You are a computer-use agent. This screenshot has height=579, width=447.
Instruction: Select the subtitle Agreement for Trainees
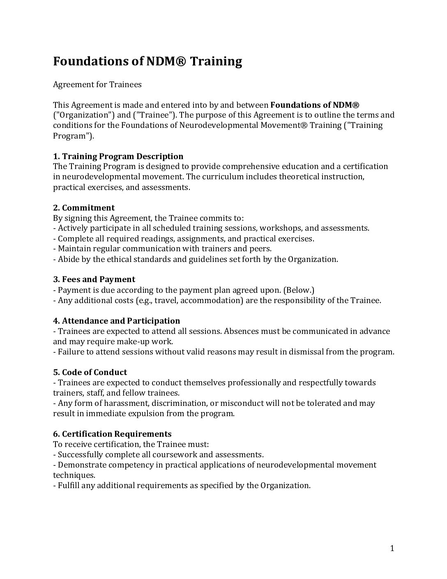(x=97, y=84)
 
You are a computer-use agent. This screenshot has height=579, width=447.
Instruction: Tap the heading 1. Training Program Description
(x=118, y=156)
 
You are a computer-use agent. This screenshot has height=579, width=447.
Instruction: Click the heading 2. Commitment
(x=84, y=208)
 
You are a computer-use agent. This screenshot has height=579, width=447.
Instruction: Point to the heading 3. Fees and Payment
(x=94, y=280)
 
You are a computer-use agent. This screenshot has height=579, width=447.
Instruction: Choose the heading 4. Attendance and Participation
(x=117, y=321)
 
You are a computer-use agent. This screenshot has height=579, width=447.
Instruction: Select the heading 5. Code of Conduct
(x=90, y=372)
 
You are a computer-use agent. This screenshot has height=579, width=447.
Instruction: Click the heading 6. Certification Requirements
(x=112, y=434)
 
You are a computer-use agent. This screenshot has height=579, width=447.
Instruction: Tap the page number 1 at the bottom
(x=392, y=548)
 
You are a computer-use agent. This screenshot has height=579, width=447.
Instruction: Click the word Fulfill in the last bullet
(x=68, y=485)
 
